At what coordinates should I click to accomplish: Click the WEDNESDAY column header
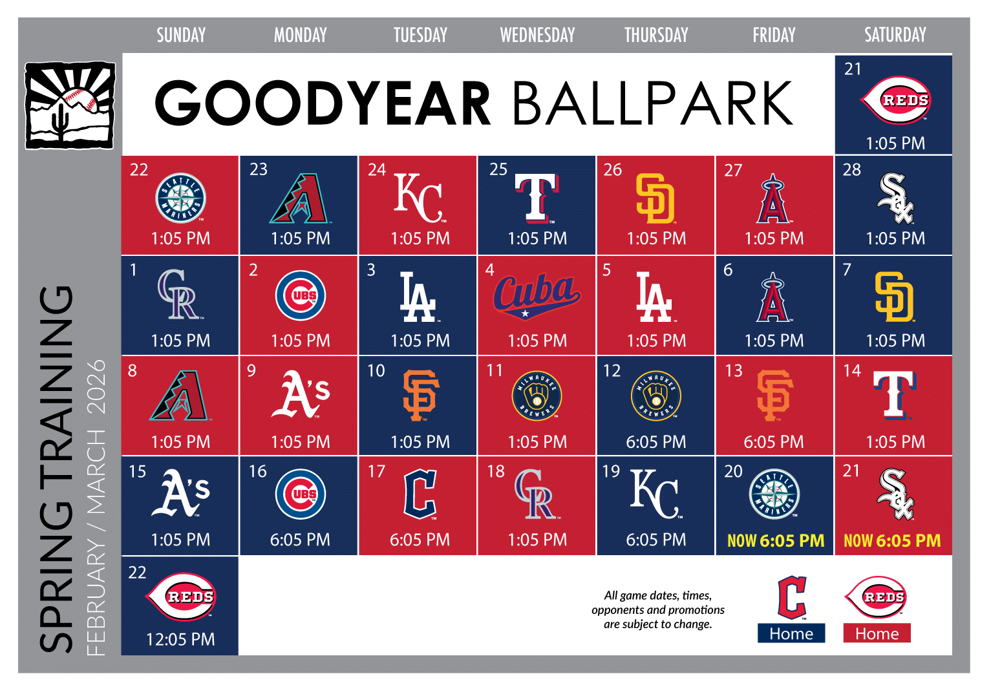coord(537,35)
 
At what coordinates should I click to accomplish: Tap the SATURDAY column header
coord(895,35)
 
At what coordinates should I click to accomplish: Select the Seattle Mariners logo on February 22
coord(181,198)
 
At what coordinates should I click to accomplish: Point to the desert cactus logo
coord(70,105)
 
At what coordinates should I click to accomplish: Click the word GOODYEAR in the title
coord(323,103)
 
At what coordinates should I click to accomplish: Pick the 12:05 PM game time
coord(180,639)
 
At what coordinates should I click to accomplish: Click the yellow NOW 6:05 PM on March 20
coord(776,540)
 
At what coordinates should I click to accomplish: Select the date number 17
coord(376,471)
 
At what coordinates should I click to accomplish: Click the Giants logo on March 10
coord(420,395)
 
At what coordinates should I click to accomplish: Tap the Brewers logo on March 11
coord(537,395)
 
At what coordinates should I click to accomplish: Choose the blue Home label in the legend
coord(791,633)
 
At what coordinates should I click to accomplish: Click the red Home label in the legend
coord(877,633)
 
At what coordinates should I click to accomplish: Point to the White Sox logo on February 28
coord(895,198)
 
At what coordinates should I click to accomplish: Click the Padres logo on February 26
coord(655,198)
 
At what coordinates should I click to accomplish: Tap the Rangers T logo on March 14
coord(895,395)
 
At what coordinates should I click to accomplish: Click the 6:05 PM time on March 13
coord(774,442)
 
